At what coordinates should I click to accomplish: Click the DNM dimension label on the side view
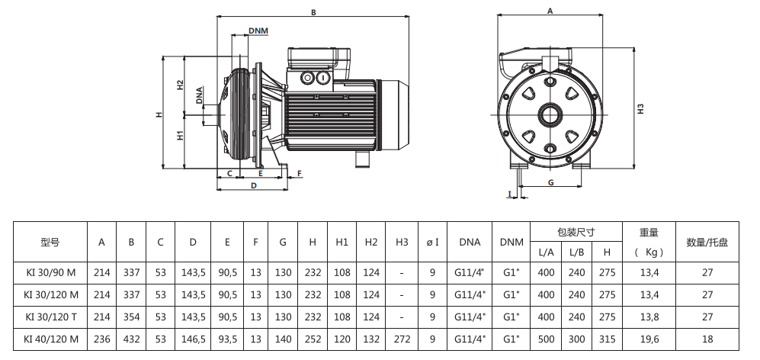tap(258, 31)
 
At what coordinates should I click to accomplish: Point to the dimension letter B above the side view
tap(313, 12)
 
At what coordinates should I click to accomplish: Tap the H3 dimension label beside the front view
tap(640, 108)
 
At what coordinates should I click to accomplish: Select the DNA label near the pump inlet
tap(199, 95)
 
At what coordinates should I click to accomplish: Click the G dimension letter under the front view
tap(550, 182)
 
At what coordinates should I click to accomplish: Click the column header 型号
tap(50, 243)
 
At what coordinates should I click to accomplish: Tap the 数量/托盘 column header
tap(707, 243)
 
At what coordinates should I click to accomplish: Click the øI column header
tap(431, 243)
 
